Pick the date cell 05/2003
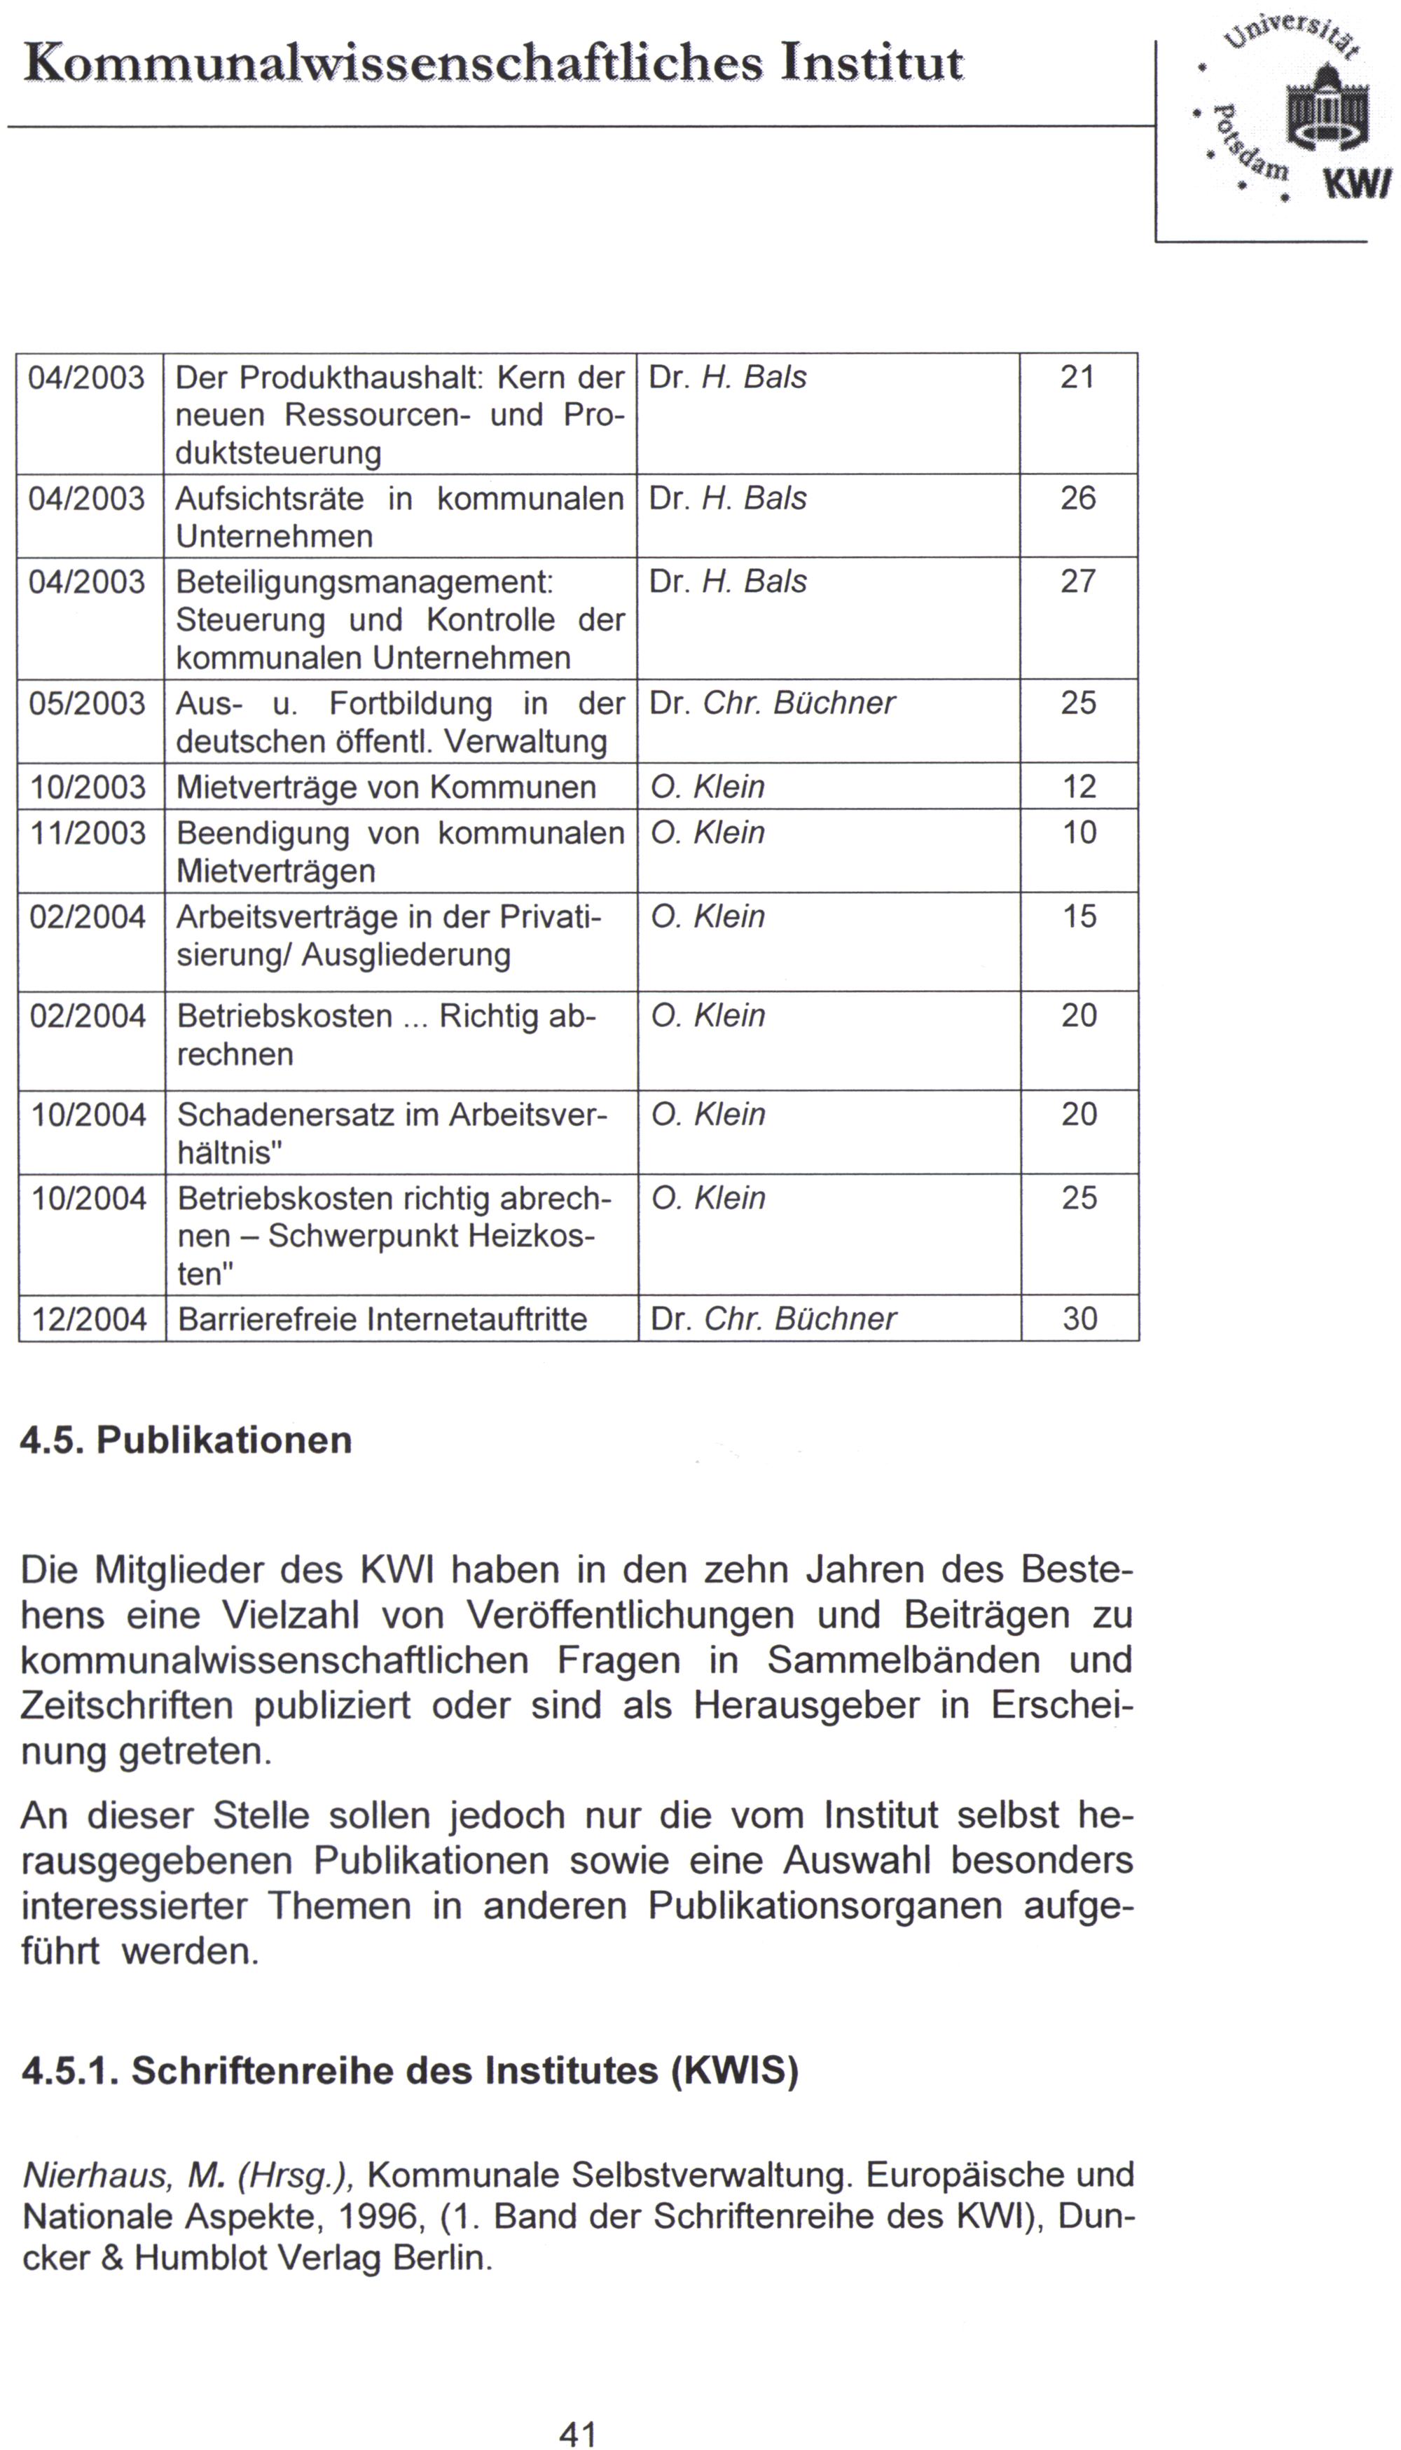click(88, 703)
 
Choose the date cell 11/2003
click(88, 832)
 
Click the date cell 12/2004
click(90, 1319)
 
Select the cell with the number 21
click(1077, 377)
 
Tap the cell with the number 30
click(1079, 1319)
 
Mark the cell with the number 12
click(1079, 787)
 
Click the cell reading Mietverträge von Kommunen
click(386, 787)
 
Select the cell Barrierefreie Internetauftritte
click(382, 1319)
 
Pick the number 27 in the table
click(1077, 582)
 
